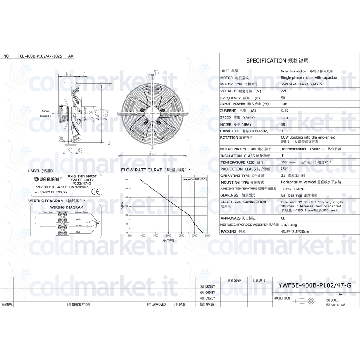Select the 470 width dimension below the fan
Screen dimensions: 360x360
point(153,153)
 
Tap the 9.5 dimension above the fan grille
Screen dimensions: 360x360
point(157,72)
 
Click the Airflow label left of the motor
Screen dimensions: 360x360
point(45,110)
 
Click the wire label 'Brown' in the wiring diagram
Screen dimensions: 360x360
point(78,225)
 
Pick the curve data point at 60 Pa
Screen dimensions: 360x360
point(140,180)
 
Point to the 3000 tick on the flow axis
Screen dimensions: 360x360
point(194,235)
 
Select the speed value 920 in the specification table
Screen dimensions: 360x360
point(284,117)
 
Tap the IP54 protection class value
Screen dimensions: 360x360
point(285,169)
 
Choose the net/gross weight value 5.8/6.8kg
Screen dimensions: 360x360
point(288,224)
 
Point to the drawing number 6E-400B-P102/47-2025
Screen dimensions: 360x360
point(41,57)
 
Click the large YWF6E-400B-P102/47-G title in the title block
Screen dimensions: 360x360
point(315,285)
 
